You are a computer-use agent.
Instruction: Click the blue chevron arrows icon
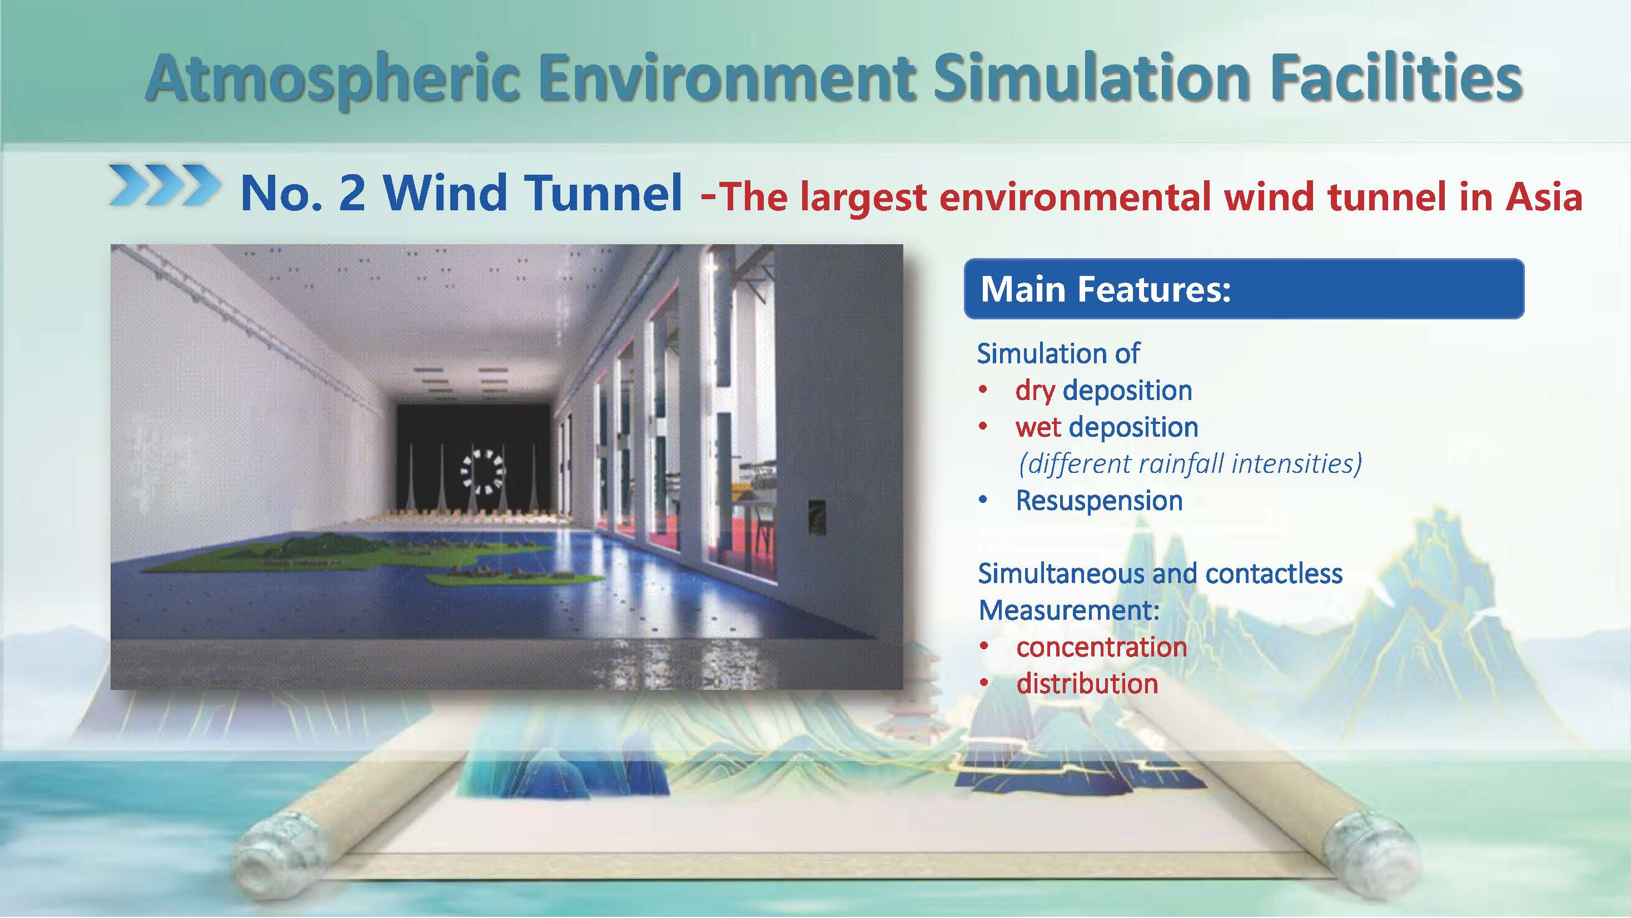(x=165, y=185)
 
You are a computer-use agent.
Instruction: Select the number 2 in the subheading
(x=352, y=193)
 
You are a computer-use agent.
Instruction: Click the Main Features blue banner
(x=1244, y=289)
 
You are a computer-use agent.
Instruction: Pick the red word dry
(x=1035, y=391)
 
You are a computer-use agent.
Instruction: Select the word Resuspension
(x=1099, y=501)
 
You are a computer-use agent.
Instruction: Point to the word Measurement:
(x=1069, y=611)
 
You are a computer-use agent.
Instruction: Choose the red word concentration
(x=1102, y=648)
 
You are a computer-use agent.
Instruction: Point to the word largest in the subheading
(x=864, y=198)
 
